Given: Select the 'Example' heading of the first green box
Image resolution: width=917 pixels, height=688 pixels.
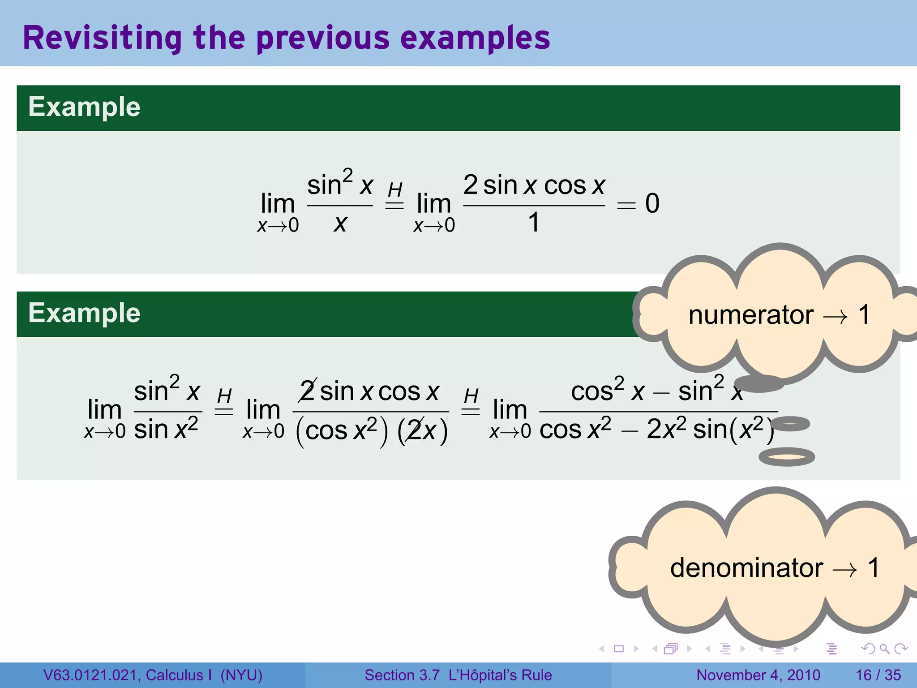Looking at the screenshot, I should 84,107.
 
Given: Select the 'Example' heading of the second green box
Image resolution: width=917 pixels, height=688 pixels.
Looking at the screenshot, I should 84,313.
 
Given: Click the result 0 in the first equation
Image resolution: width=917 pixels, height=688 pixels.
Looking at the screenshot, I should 652,203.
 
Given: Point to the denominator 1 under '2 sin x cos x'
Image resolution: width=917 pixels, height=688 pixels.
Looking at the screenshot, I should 533,223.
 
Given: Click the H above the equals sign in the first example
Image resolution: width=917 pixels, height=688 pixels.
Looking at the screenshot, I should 395,190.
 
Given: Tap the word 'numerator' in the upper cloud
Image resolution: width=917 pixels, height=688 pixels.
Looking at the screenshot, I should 750,315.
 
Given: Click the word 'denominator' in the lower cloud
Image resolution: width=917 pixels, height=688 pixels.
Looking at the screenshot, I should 746,568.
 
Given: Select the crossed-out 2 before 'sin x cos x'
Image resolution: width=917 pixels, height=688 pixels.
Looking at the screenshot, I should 308,391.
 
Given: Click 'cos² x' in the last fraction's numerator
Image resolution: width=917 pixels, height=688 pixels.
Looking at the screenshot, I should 607,391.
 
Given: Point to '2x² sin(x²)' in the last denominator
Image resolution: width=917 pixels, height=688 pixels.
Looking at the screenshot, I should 709,430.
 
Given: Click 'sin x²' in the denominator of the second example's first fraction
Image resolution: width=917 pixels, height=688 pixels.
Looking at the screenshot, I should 166,430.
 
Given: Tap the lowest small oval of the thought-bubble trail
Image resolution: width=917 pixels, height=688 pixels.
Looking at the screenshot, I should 786,457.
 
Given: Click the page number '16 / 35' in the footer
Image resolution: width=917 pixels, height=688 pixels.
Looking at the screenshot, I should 878,675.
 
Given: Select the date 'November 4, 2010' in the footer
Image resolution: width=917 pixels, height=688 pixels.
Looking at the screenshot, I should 758,675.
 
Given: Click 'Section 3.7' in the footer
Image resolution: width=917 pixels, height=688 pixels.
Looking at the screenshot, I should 402,675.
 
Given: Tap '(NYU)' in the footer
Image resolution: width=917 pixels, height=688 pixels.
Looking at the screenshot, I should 241,675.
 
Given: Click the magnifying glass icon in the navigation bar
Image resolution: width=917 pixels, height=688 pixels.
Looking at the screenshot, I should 884,649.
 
